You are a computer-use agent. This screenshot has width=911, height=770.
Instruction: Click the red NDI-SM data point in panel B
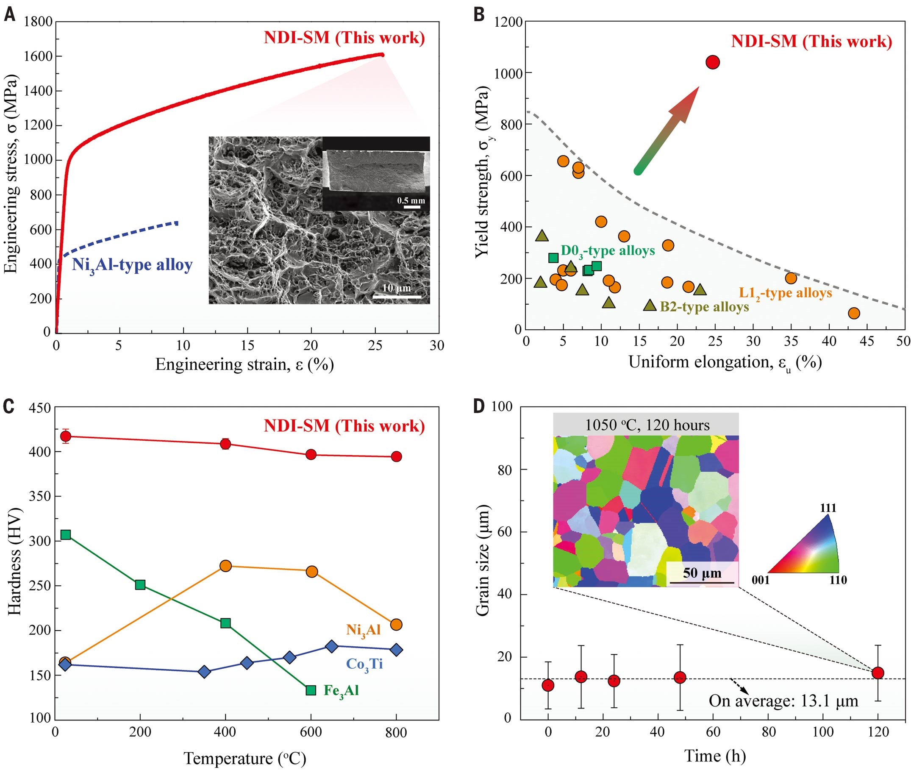(x=712, y=62)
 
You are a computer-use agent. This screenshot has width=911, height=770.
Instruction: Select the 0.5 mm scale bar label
(x=410, y=200)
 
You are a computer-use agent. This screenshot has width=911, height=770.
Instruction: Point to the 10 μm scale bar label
(x=396, y=288)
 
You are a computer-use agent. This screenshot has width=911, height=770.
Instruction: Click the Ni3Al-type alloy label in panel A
(x=132, y=265)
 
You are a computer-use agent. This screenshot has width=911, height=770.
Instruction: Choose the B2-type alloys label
(x=704, y=307)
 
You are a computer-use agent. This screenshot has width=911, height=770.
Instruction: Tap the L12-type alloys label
(x=785, y=293)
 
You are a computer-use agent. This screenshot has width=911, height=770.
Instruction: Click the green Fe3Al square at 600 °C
(x=311, y=690)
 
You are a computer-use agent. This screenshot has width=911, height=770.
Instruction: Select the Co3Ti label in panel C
(x=364, y=664)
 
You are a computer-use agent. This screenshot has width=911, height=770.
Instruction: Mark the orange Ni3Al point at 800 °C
(x=396, y=625)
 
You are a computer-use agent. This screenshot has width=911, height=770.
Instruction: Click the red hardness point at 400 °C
(x=225, y=445)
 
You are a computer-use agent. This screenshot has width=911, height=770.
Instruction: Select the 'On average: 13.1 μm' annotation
(x=783, y=701)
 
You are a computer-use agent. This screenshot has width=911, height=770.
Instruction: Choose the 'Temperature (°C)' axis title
(x=244, y=759)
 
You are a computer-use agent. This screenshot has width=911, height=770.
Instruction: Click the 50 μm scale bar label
(x=702, y=573)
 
